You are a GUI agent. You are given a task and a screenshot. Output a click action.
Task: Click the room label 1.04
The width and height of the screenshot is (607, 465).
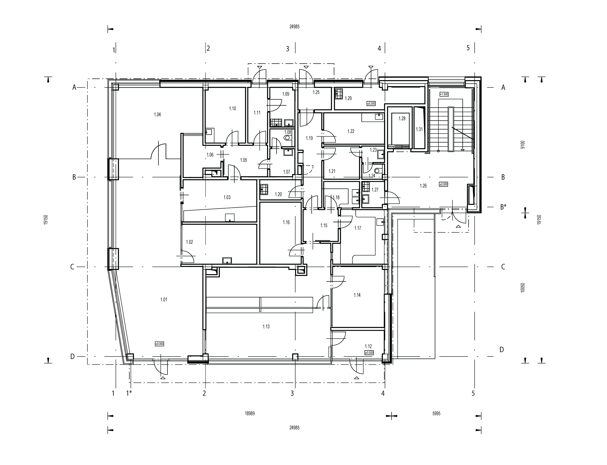pyautogui.click(x=157, y=115)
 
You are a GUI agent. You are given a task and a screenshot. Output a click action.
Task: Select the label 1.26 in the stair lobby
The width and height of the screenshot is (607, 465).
pyautogui.click(x=423, y=186)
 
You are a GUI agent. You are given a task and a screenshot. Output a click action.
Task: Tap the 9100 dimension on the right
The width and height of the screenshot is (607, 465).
pyautogui.click(x=523, y=145)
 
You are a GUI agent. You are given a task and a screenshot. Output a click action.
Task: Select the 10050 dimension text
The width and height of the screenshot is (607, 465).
pyautogui.click(x=523, y=288)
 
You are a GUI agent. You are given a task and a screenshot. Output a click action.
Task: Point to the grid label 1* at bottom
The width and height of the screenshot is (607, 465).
pyautogui.click(x=129, y=393)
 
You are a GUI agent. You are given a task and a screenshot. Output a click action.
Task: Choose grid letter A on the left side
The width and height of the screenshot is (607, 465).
pyautogui.click(x=74, y=87)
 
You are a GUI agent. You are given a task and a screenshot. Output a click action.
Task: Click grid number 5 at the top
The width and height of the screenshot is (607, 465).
pyautogui.click(x=468, y=48)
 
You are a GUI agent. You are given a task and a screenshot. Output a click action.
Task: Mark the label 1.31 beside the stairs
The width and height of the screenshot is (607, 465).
pyautogui.click(x=419, y=129)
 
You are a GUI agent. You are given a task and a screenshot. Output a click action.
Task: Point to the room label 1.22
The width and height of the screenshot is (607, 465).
pyautogui.click(x=351, y=131)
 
